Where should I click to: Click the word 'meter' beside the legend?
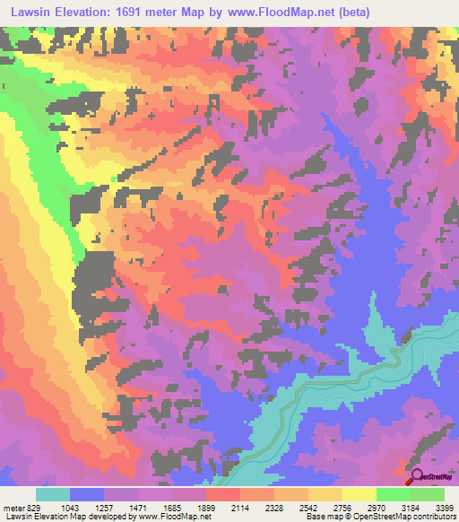[x=13, y=507]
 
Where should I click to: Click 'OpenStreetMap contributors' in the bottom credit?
[x=412, y=517]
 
